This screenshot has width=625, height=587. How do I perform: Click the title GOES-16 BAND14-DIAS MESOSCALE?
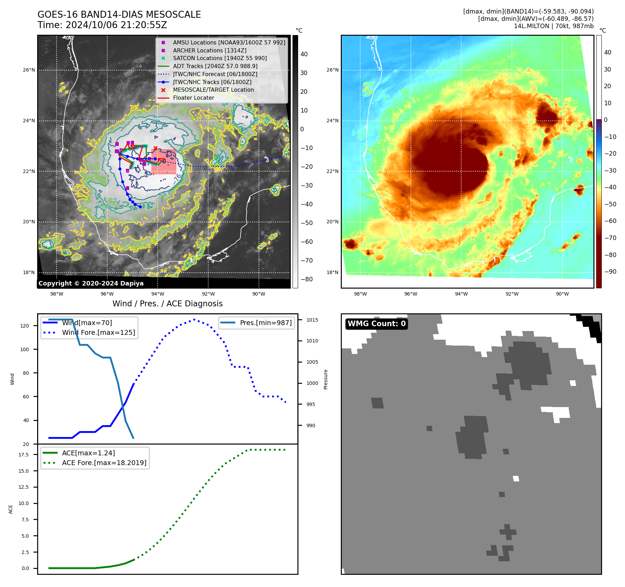pos(119,15)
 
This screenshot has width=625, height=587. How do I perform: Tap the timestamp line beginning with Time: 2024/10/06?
pos(102,25)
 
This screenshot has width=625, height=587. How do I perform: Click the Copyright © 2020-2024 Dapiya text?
pos(91,283)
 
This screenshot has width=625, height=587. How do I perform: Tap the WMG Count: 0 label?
pos(377,324)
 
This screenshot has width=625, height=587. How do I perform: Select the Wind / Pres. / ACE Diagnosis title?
pos(167,304)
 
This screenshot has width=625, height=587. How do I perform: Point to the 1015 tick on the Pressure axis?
pos(312,320)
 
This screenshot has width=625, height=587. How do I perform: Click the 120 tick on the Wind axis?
pos(25,326)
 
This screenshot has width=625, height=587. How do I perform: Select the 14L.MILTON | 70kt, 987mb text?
pos(554,26)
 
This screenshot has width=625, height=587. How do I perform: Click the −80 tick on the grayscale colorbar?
pos(306,279)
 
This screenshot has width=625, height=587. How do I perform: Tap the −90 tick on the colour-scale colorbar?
pos(610,272)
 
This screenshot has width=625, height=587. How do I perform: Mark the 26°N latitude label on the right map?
pos(332,70)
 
